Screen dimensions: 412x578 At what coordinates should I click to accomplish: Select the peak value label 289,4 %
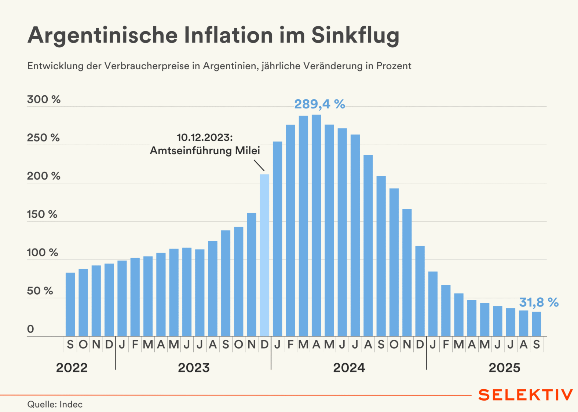coord(319,104)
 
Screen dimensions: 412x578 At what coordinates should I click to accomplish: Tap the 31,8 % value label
coord(538,303)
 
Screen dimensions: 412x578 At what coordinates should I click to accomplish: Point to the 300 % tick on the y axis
coord(44,100)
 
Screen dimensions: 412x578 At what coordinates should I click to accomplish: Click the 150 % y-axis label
coord(42,214)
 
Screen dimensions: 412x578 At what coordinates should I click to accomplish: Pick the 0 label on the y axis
coord(30,329)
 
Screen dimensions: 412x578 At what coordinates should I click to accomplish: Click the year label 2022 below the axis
coord(72,368)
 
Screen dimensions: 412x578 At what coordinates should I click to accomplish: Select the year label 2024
coord(349,368)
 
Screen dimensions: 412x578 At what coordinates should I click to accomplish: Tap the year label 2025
coord(504,368)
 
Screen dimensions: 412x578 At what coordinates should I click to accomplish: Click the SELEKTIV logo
coord(525,395)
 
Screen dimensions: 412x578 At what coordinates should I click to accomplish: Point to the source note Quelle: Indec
coord(55,404)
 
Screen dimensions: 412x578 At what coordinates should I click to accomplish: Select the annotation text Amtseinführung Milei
coord(205,151)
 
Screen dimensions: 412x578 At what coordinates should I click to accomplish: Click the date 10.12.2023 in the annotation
coord(205,137)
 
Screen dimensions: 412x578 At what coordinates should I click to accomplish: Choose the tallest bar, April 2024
coord(316,225)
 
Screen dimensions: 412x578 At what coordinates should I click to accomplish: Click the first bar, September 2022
coord(70,304)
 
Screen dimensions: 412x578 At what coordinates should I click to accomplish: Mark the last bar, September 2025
coord(537,324)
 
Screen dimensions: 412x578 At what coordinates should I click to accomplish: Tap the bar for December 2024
coord(420,291)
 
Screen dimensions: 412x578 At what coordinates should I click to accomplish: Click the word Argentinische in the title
coord(103,36)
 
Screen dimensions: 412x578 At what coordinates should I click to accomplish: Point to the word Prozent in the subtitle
coord(394,66)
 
